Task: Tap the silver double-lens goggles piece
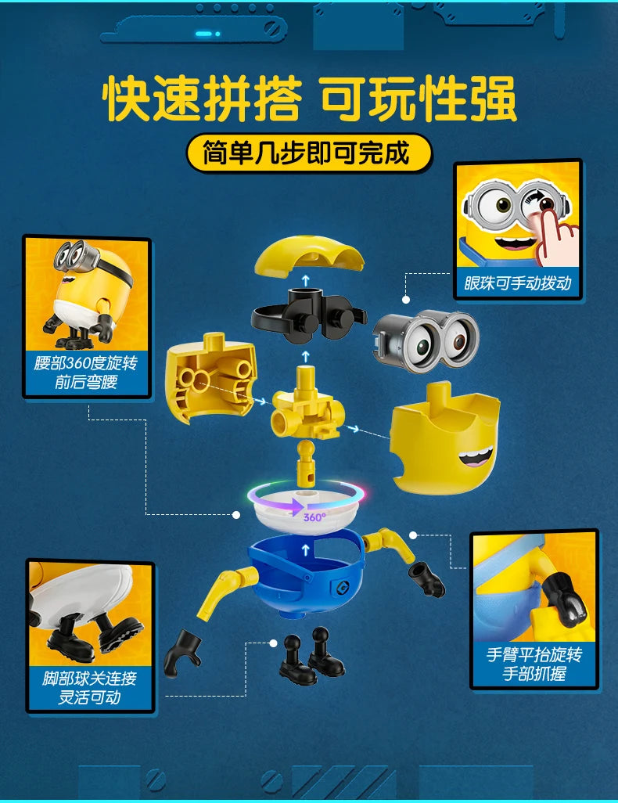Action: point(425,340)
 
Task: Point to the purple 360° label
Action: point(314,517)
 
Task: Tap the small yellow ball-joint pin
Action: point(307,465)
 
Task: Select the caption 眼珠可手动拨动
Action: point(518,283)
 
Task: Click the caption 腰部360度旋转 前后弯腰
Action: point(86,373)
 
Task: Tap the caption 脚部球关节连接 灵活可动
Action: point(90,687)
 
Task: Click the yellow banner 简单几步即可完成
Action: point(308,153)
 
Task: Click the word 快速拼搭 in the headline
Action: point(202,99)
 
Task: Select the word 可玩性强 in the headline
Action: point(418,99)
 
